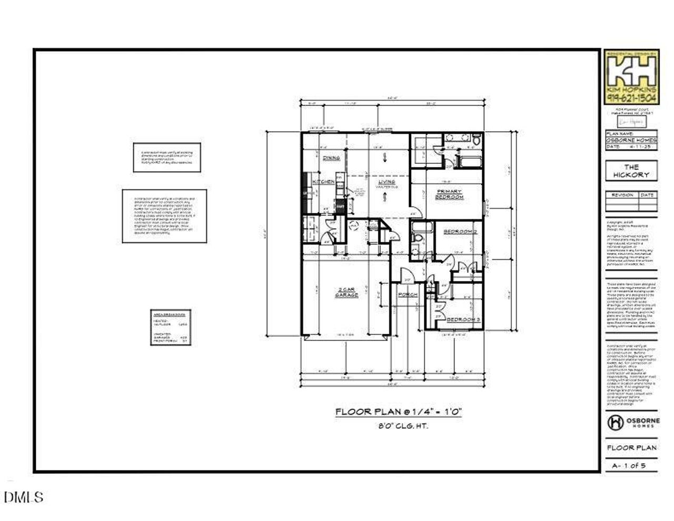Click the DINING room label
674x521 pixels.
click(331, 158)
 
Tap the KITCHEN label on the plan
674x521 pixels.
click(323, 182)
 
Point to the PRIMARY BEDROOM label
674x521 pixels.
click(449, 194)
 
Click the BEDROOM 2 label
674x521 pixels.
click(460, 232)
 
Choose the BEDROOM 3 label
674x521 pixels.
click(463, 320)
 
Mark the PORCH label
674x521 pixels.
click(408, 294)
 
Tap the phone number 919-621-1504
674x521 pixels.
click(631, 99)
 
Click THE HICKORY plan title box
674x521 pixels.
click(631, 171)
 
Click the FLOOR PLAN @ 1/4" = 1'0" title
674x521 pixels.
click(399, 411)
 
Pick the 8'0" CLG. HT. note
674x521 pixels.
click(399, 426)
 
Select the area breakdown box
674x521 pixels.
click(171, 327)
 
